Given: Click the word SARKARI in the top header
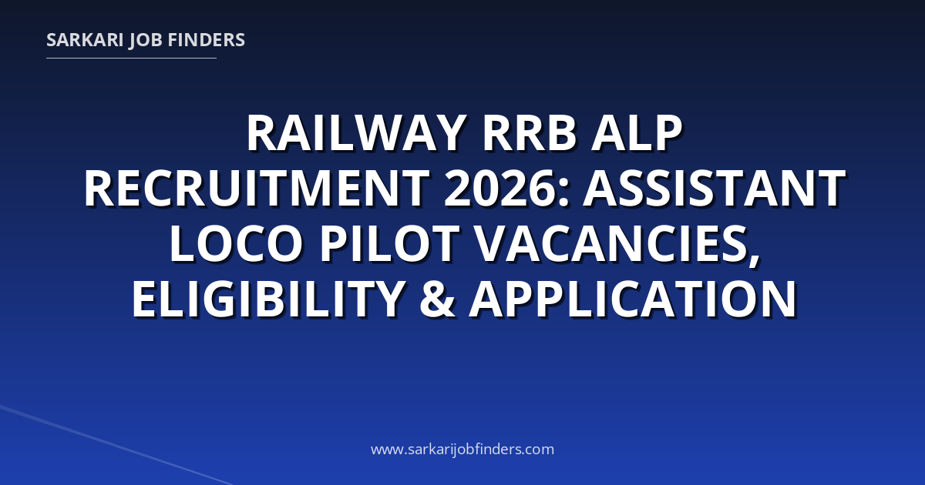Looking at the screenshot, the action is (85, 40).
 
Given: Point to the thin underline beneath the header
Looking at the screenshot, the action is (131, 59).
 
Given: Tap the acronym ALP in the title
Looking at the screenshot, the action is (637, 134).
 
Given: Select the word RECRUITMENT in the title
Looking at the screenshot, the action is (257, 189).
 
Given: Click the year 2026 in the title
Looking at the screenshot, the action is (499, 189).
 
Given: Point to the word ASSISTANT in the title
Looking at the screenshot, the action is (715, 189).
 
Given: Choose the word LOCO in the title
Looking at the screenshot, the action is (236, 244).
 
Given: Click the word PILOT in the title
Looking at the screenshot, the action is (389, 244).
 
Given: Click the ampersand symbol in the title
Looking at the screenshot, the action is (437, 299).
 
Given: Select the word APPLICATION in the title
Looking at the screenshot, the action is (634, 299).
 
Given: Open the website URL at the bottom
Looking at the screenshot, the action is (462, 449).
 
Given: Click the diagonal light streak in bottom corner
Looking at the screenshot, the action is (116, 446).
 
